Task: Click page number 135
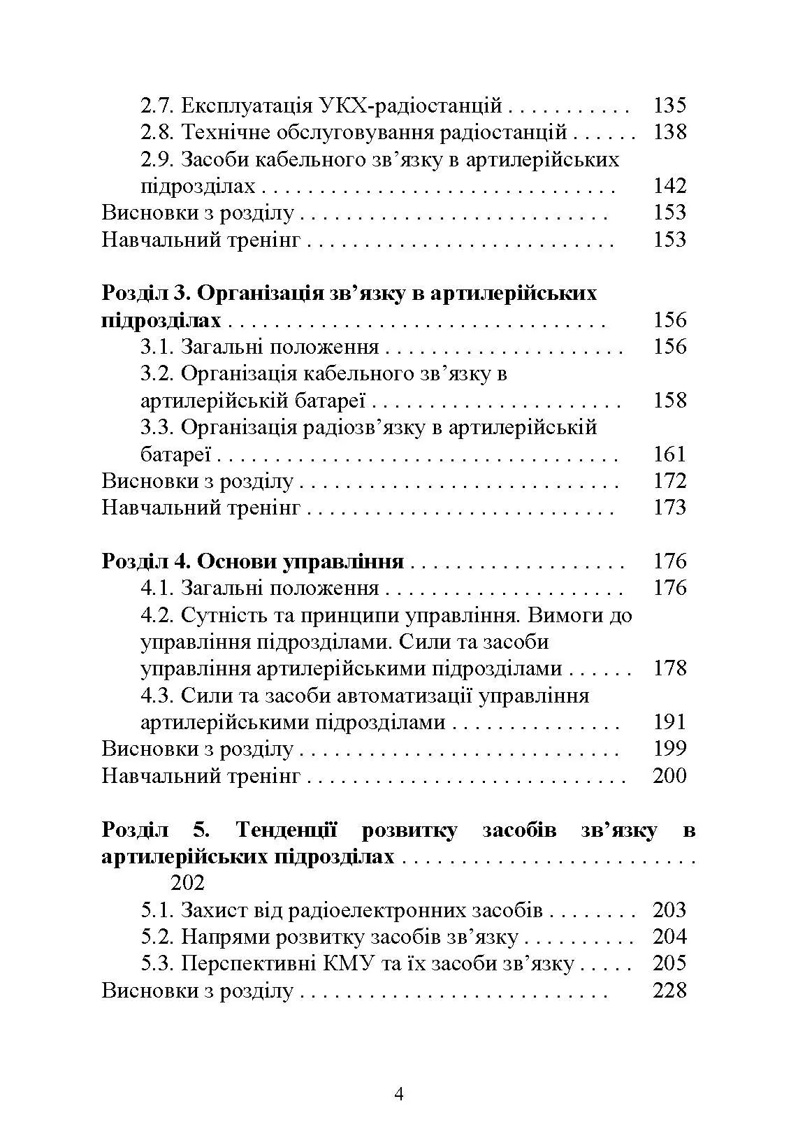(669, 106)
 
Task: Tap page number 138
(669, 132)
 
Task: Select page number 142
(669, 186)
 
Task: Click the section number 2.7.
(158, 106)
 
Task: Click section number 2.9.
(158, 159)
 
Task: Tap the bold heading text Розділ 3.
(143, 293)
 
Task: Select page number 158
(669, 401)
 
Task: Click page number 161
(669, 454)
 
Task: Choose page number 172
(669, 481)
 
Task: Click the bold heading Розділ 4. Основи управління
(253, 561)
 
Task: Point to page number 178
(669, 668)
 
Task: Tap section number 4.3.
(158, 696)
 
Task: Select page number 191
(669, 722)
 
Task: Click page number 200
(669, 776)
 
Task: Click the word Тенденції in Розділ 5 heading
(286, 830)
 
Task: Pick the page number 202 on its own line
(187, 883)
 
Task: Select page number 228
(669, 991)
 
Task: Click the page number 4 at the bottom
(399, 1094)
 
